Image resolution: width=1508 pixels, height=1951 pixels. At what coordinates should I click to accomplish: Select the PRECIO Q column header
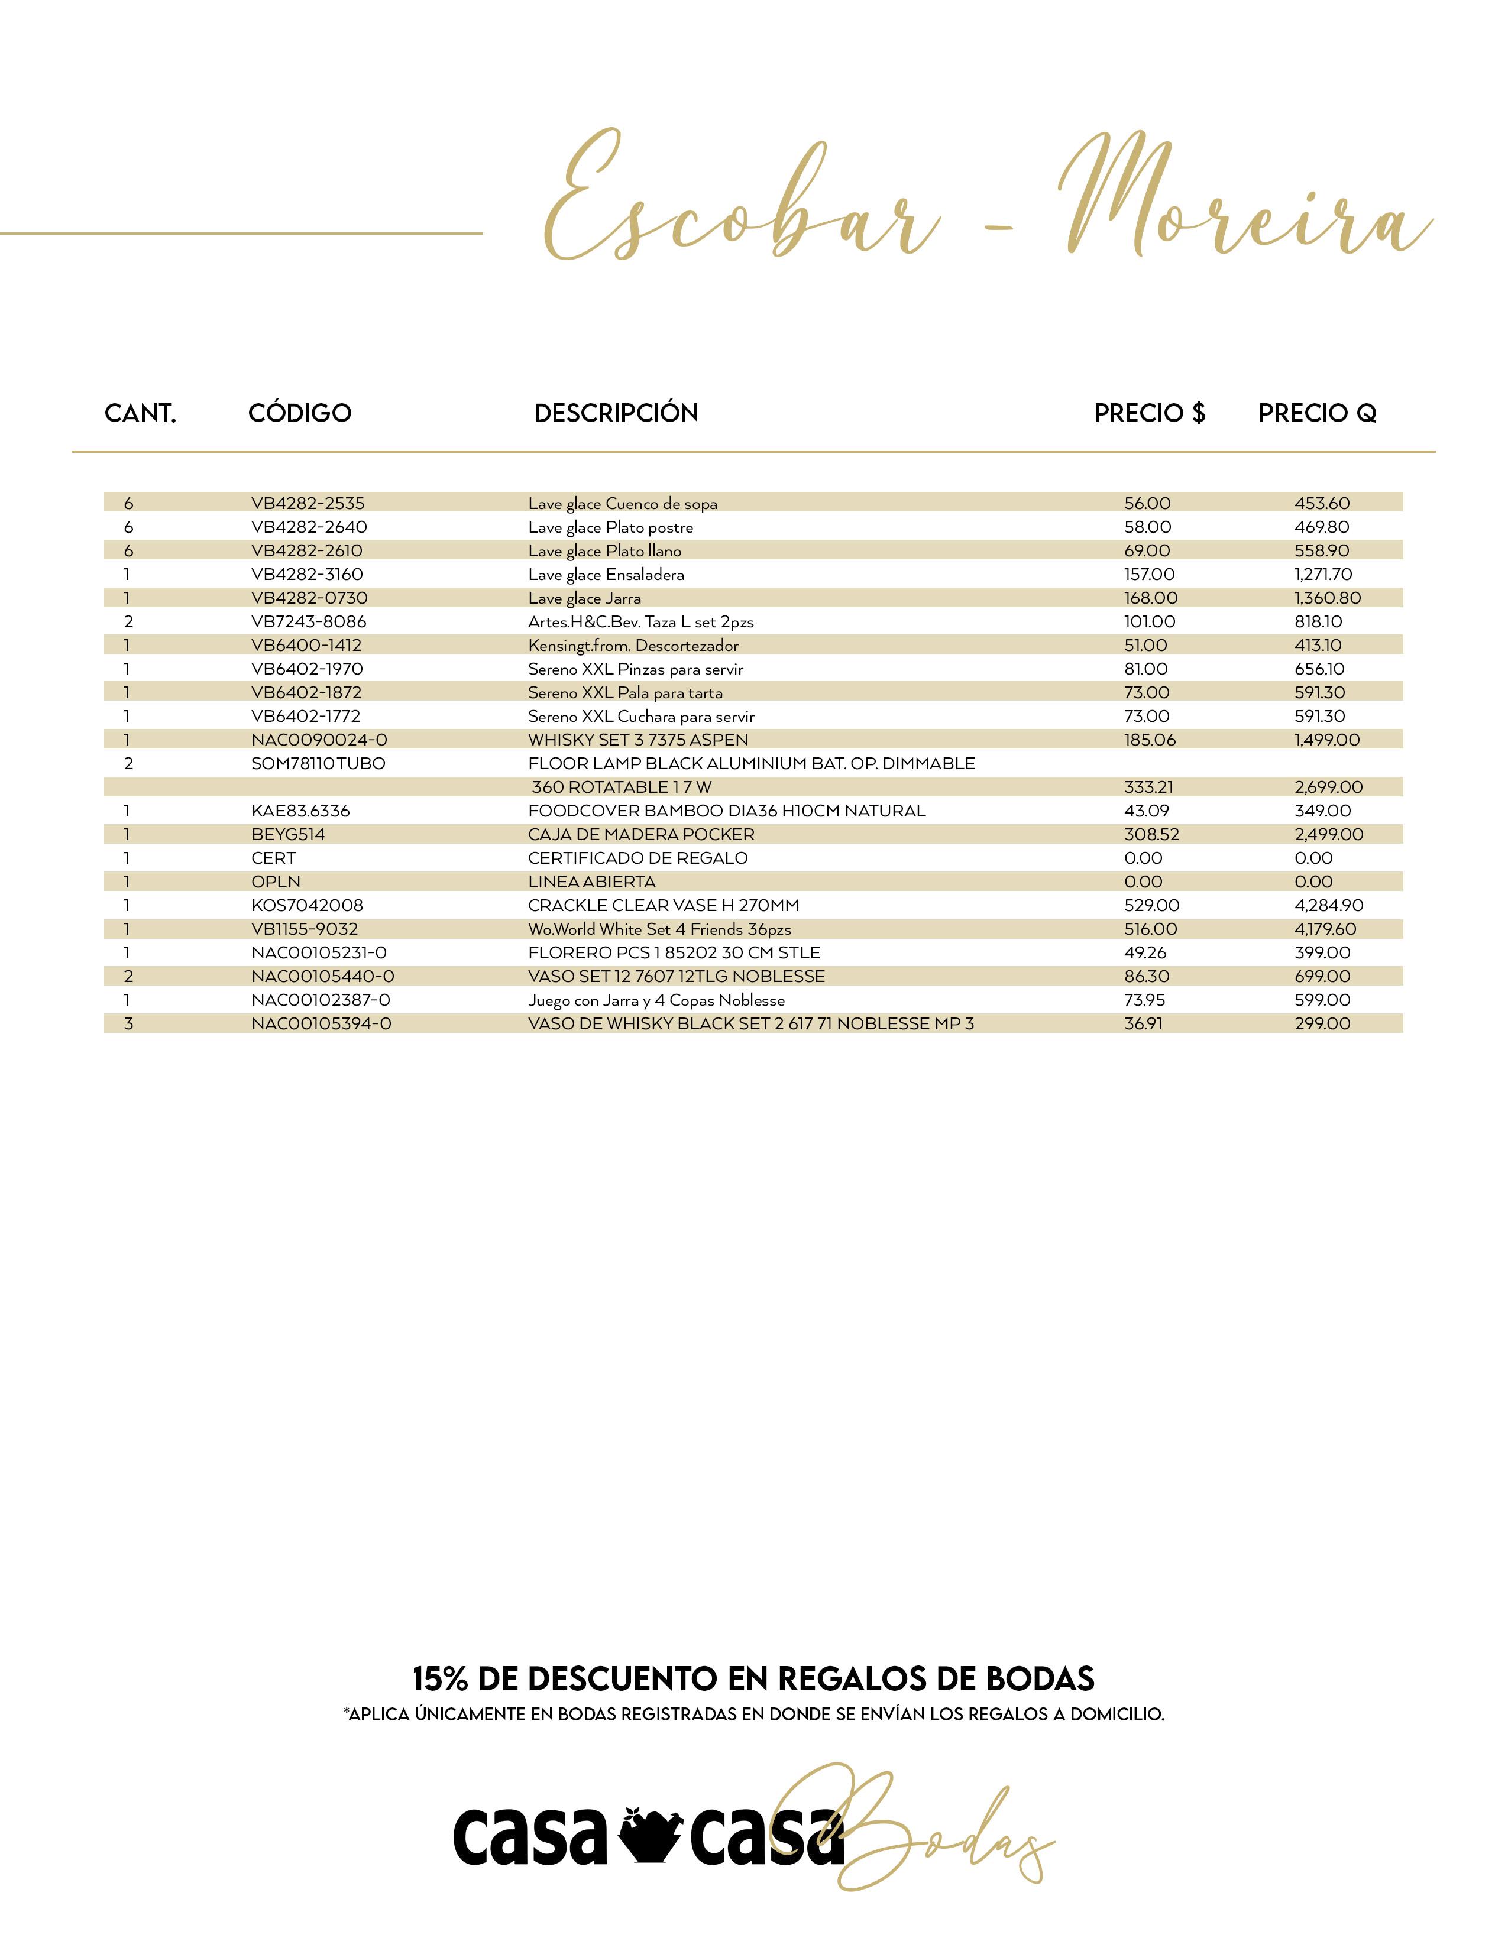pyautogui.click(x=1317, y=413)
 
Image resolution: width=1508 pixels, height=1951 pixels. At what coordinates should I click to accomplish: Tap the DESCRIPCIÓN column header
pyautogui.click(x=616, y=413)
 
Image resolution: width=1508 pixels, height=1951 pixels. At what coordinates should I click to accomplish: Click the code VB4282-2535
pyautogui.click(x=308, y=503)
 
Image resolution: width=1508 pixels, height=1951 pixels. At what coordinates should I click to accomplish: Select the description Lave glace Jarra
pyautogui.click(x=584, y=598)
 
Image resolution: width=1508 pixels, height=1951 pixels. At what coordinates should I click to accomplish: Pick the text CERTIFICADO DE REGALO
pyautogui.click(x=638, y=858)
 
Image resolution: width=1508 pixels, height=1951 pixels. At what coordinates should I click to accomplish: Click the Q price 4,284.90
pyautogui.click(x=1328, y=905)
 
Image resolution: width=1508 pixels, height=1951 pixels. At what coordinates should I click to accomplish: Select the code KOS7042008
pyautogui.click(x=308, y=905)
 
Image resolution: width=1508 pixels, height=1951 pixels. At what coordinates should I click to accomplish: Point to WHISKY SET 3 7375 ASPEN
pyautogui.click(x=638, y=740)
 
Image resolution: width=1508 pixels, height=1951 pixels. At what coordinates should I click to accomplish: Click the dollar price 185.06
pyautogui.click(x=1150, y=740)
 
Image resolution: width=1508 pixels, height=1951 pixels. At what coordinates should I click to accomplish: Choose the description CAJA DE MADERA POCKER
pyautogui.click(x=642, y=834)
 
